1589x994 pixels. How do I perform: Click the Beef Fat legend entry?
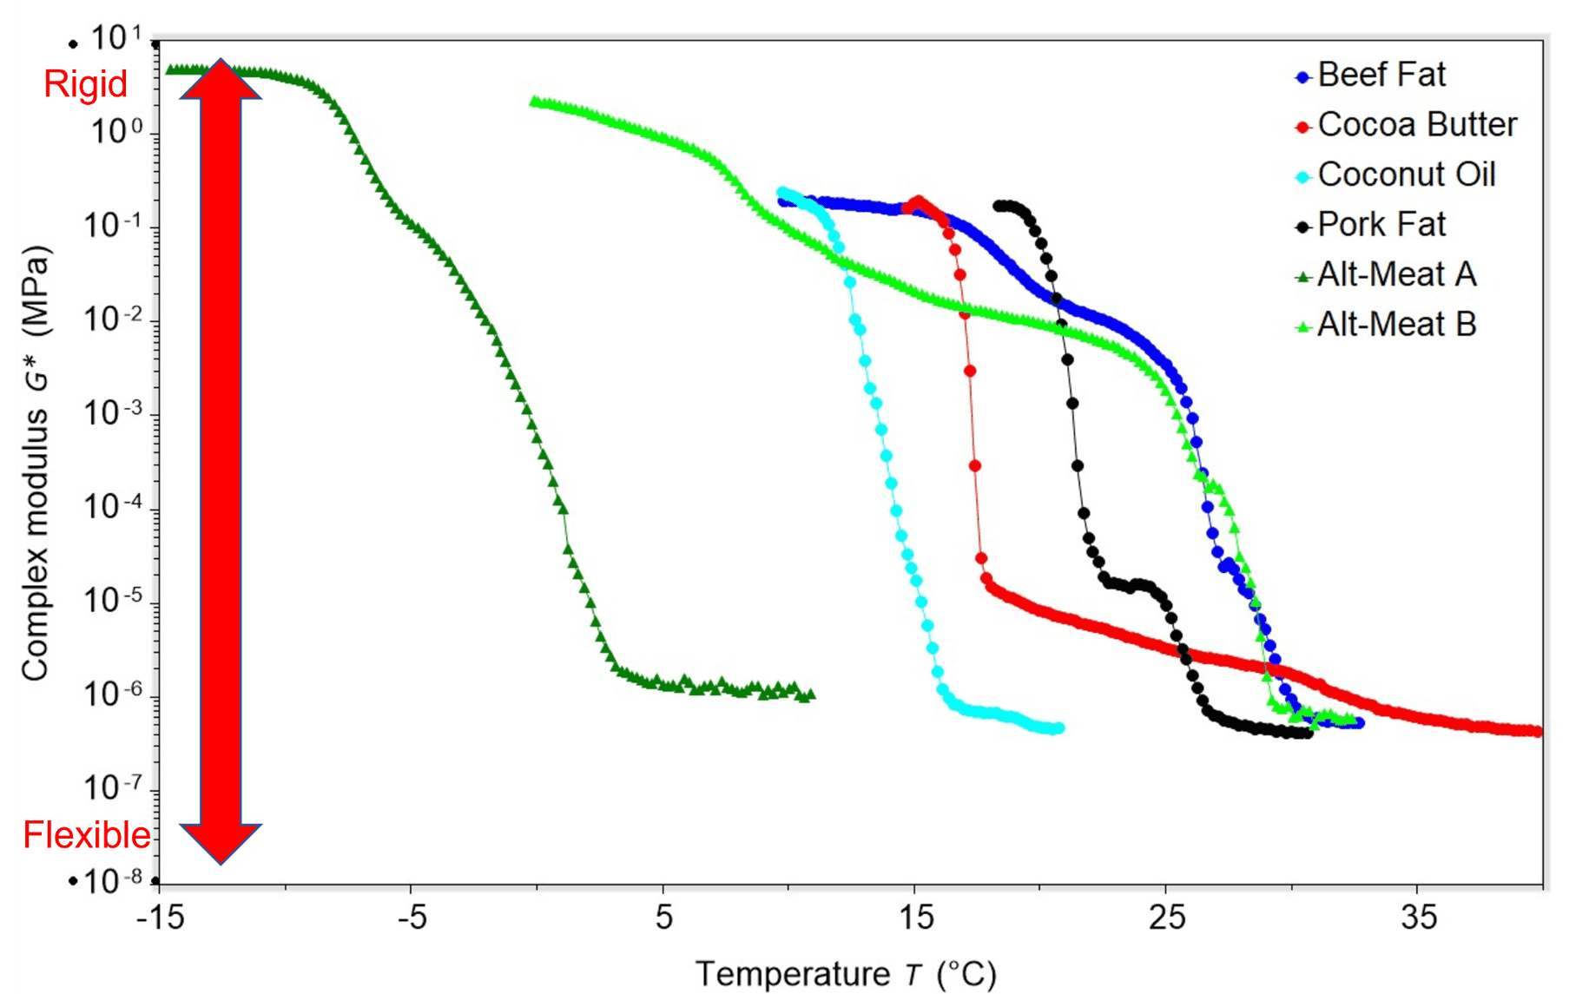(x=1381, y=76)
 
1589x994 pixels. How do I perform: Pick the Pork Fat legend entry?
(x=1381, y=225)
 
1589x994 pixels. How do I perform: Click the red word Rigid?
(x=85, y=84)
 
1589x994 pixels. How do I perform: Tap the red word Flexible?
(x=86, y=835)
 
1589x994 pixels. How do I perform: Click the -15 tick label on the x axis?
(x=161, y=918)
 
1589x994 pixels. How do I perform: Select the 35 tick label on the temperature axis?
(x=1418, y=918)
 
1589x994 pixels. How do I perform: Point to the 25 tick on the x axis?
(x=1166, y=918)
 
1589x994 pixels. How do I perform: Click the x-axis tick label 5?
(x=663, y=918)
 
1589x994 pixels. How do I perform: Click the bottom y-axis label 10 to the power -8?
(x=113, y=881)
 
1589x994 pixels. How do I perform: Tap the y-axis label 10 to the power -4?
(x=113, y=505)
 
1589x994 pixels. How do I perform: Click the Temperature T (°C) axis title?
(x=845, y=974)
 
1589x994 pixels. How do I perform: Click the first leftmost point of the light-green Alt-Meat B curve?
(x=535, y=102)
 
